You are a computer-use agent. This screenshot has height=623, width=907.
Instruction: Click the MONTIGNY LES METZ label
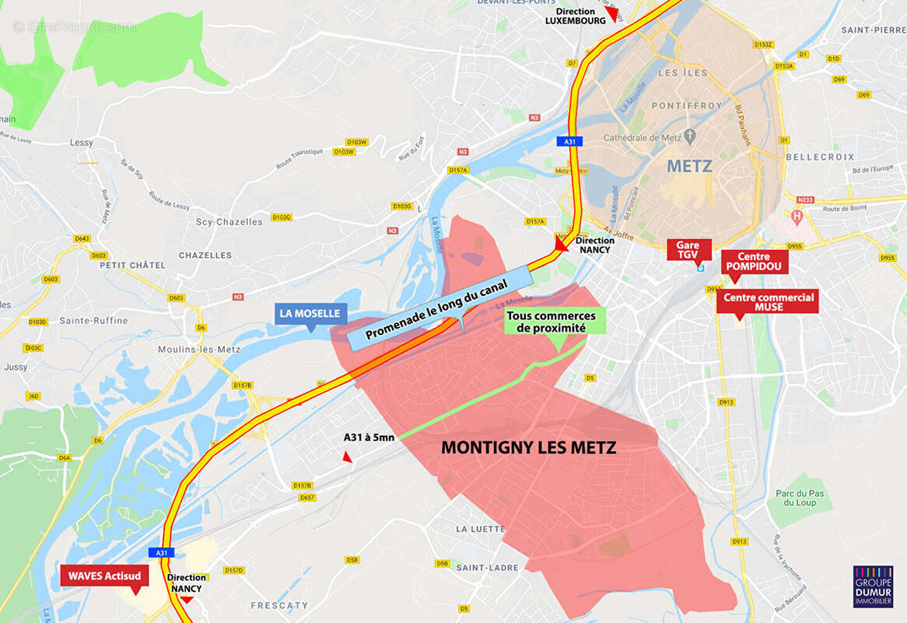click(x=528, y=448)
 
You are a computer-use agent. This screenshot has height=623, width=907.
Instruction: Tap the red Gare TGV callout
click(x=688, y=250)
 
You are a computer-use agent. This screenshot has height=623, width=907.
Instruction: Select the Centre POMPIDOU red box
click(x=754, y=262)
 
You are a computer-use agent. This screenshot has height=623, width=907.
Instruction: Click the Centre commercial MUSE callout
click(x=768, y=302)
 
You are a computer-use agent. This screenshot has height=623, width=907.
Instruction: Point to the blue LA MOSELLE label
click(x=310, y=314)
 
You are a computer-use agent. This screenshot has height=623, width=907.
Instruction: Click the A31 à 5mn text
click(x=369, y=438)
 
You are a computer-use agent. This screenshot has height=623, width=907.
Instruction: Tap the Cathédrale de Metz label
click(x=643, y=138)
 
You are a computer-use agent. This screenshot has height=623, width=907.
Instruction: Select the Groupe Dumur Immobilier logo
click(x=873, y=586)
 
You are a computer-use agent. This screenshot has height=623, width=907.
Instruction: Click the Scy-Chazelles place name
click(x=229, y=222)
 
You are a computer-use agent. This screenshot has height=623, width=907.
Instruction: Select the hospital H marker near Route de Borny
click(x=796, y=215)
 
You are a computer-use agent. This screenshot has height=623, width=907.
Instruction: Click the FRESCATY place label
click(x=278, y=605)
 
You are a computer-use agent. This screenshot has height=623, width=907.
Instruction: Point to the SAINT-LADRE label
click(x=487, y=568)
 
